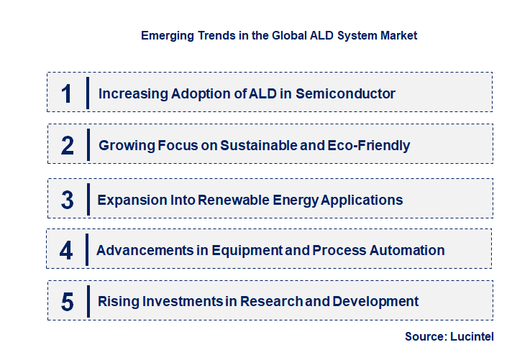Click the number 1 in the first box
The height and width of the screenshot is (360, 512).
[x=67, y=93]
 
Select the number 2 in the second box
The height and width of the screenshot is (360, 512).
[x=68, y=146]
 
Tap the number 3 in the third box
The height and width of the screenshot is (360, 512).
[x=68, y=200]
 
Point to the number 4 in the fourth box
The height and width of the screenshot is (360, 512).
[x=67, y=251]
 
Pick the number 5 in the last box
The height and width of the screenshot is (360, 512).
[x=68, y=302]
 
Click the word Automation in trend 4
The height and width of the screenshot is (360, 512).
[x=406, y=251]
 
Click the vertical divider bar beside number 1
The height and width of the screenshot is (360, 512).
[x=87, y=93]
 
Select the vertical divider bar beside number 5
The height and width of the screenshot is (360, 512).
[x=87, y=301]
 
